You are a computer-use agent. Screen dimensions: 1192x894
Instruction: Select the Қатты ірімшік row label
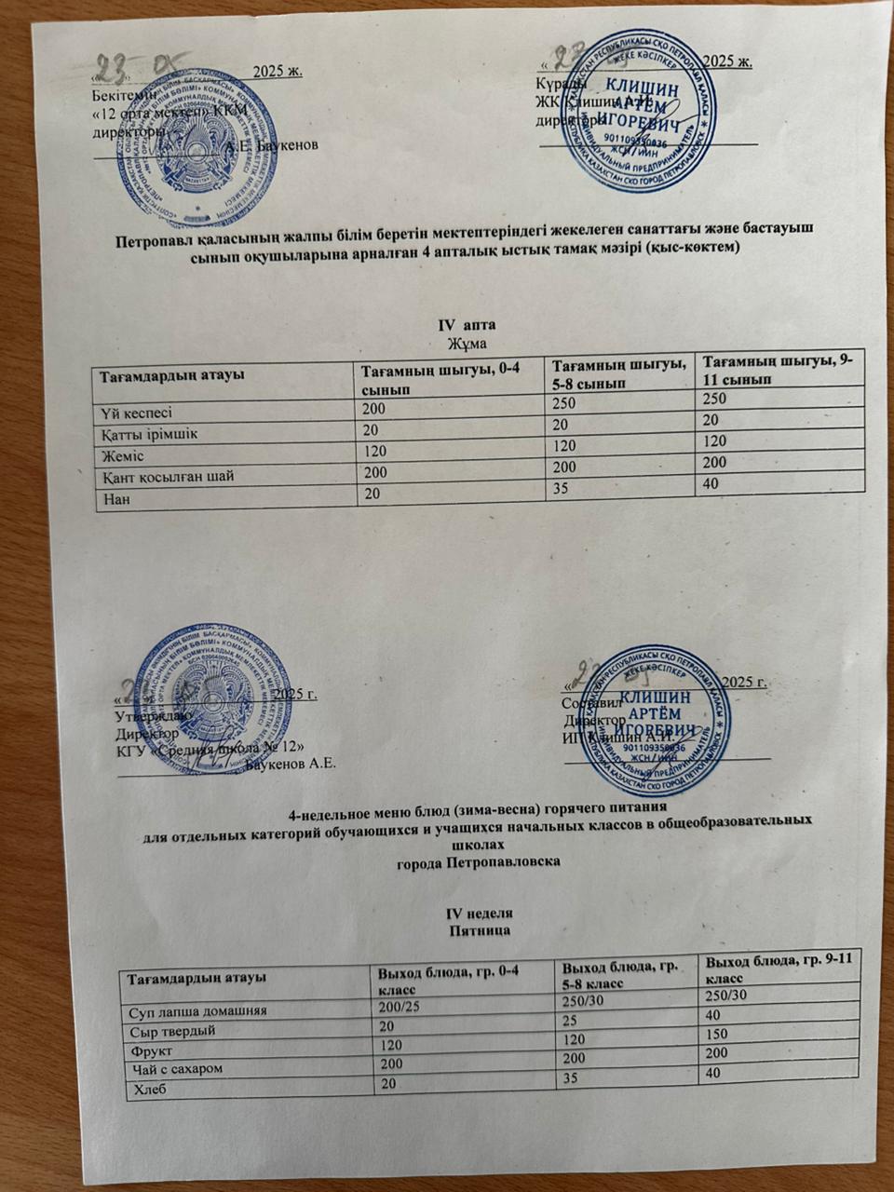(x=149, y=433)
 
